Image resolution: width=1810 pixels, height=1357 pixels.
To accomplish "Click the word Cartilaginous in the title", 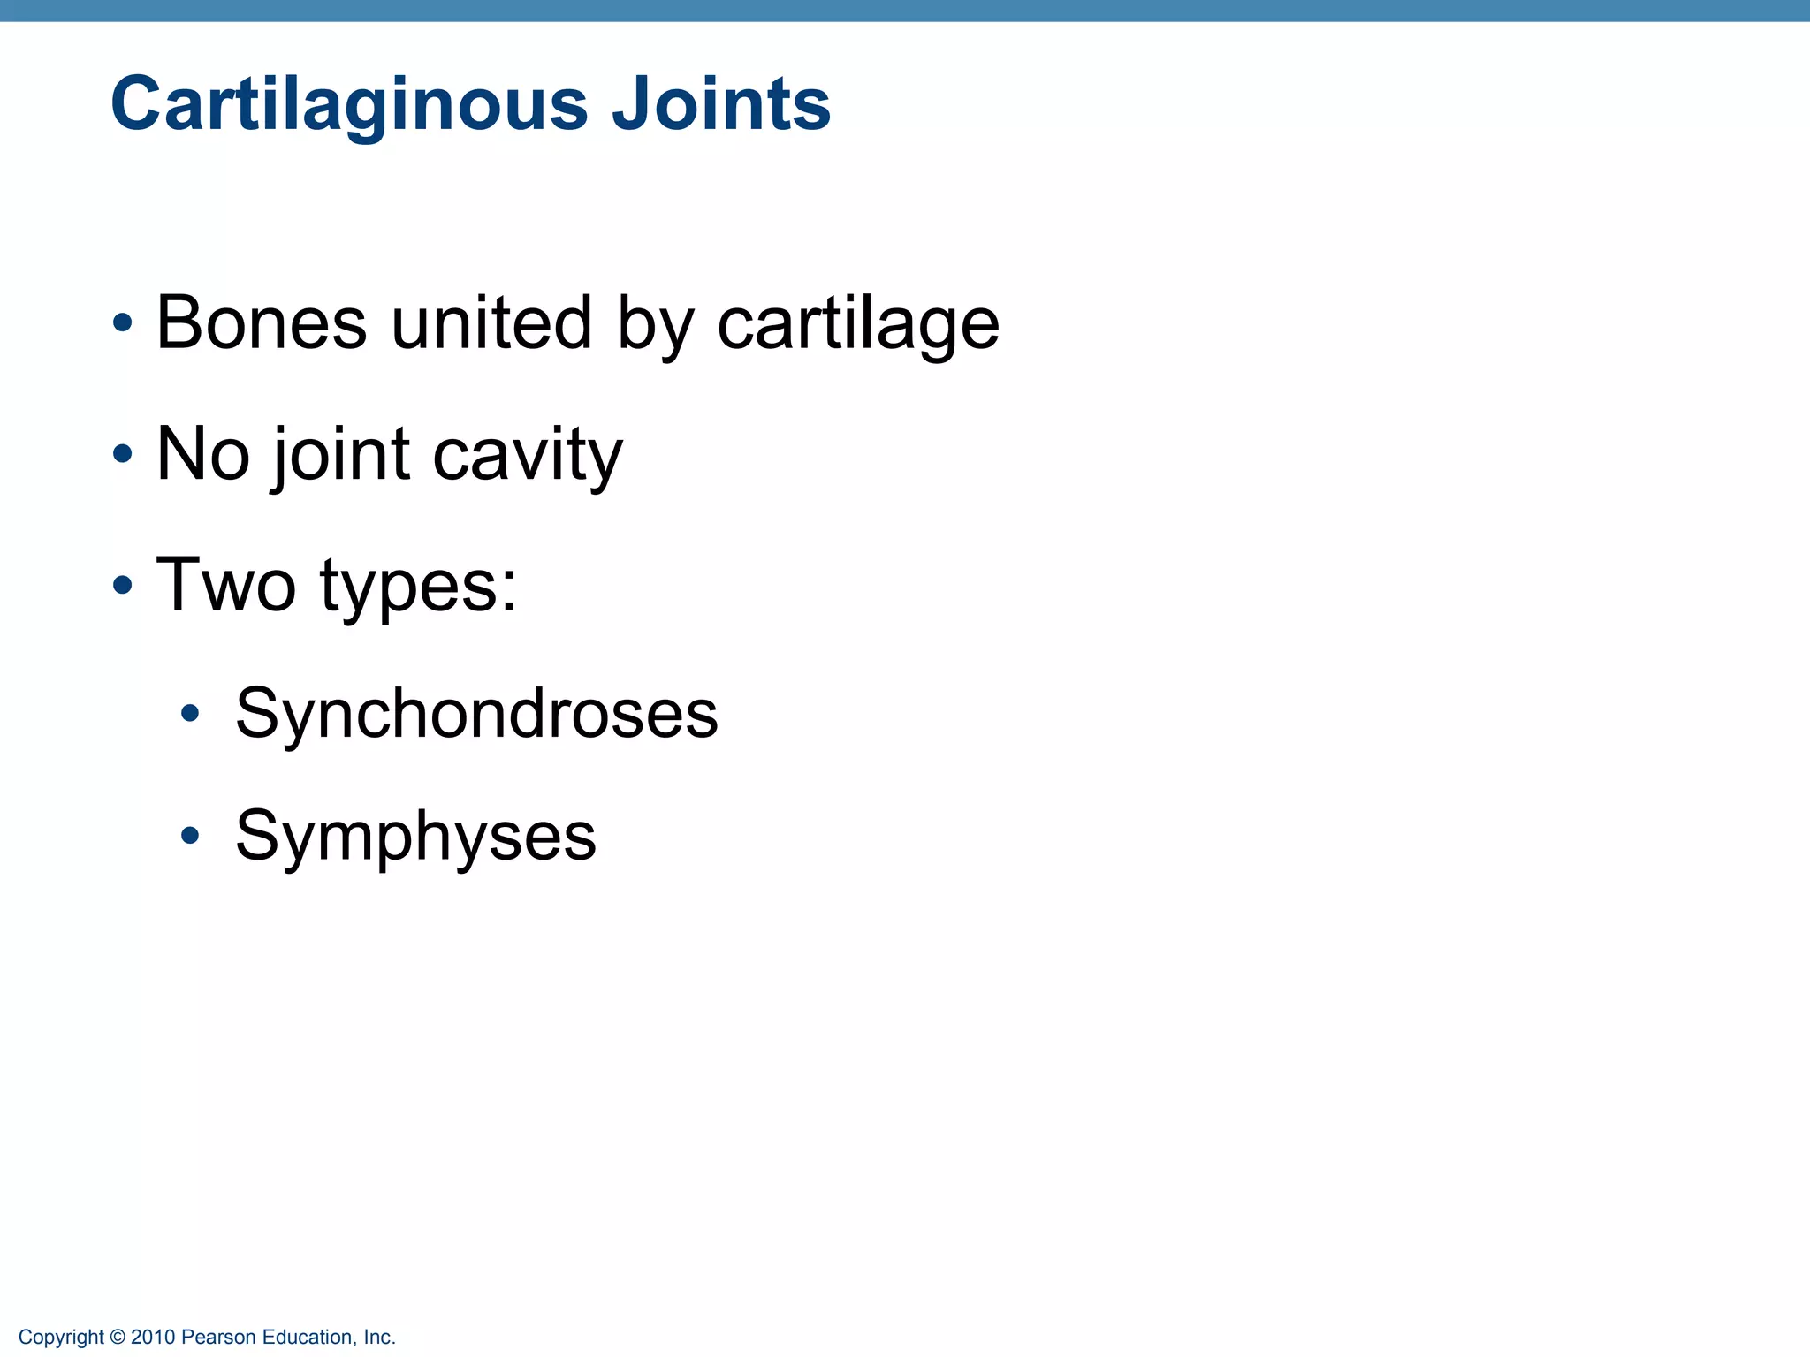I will [349, 104].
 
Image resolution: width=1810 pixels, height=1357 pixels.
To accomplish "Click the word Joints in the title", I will [720, 104].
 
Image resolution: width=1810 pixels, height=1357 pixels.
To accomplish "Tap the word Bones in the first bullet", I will [261, 323].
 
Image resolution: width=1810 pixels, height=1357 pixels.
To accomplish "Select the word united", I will [491, 323].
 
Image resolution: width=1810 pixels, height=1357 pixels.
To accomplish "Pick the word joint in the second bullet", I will [340, 456].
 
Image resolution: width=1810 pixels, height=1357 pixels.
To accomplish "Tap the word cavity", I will [528, 456].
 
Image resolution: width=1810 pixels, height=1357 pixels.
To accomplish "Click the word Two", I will [225, 585].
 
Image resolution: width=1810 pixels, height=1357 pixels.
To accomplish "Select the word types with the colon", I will [418, 587].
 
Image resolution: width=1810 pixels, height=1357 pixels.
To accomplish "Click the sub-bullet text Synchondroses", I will [476, 714].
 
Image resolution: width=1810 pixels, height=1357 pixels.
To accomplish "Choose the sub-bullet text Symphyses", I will [415, 837].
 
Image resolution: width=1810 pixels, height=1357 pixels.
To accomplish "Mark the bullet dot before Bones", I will [123, 323].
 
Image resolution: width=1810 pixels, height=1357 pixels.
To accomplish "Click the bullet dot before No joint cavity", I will [123, 454].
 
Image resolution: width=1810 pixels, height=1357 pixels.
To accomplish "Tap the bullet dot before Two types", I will [123, 585].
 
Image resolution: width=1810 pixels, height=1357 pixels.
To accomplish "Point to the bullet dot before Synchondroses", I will [190, 713].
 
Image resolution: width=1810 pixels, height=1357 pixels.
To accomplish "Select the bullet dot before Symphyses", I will [190, 835].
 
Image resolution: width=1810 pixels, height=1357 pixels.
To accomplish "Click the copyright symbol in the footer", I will [118, 1338].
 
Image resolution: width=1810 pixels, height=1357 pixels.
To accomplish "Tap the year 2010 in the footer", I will [153, 1338].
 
